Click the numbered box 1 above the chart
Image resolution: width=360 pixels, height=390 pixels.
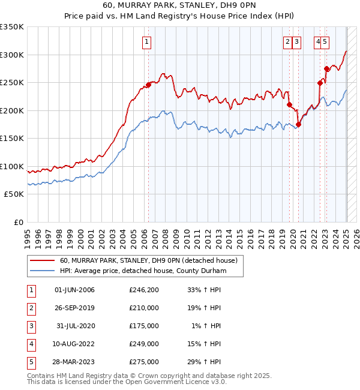pyautogui.click(x=147, y=41)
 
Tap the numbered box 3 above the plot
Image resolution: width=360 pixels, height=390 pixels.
pyautogui.click(x=298, y=41)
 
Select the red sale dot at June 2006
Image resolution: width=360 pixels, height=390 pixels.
pyautogui.click(x=148, y=85)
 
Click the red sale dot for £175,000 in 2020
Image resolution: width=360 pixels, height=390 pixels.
pyautogui.click(x=298, y=124)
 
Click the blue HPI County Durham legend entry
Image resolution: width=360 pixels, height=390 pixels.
pyautogui.click(x=143, y=271)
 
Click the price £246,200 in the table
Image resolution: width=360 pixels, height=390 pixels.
pyautogui.click(x=144, y=290)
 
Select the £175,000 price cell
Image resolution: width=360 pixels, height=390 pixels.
pyautogui.click(x=144, y=326)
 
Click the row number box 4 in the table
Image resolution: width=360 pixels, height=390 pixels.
pyautogui.click(x=30, y=344)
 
